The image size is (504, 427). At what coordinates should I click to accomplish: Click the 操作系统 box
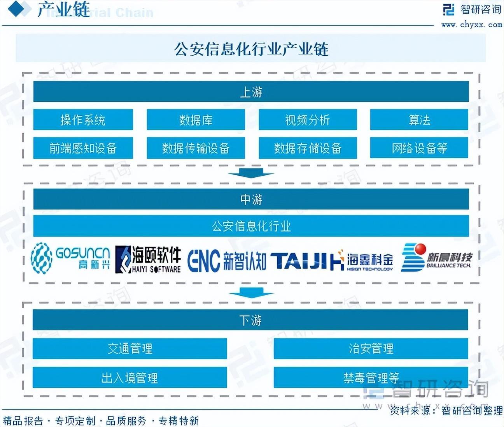pyautogui.click(x=83, y=120)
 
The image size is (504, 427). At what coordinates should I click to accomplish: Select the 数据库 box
pyautogui.click(x=196, y=120)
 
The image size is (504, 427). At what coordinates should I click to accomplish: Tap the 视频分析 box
pyautogui.click(x=308, y=120)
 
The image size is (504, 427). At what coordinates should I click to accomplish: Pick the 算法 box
pyautogui.click(x=419, y=120)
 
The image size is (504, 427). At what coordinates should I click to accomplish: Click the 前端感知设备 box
pyautogui.click(x=83, y=148)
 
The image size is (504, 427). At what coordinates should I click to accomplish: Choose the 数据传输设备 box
pyautogui.click(x=196, y=148)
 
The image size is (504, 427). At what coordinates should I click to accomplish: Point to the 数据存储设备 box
pyautogui.click(x=308, y=148)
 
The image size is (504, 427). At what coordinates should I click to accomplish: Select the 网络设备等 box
pyautogui.click(x=419, y=148)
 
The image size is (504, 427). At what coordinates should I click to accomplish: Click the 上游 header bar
pyautogui.click(x=251, y=92)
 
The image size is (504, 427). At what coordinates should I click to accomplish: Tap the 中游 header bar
pyautogui.click(x=251, y=199)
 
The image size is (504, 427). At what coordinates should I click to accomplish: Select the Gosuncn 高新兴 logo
pyautogui.click(x=70, y=258)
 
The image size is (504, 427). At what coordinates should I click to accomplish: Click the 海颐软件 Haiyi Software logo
pyautogui.click(x=148, y=259)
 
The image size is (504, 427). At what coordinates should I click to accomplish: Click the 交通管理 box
pyautogui.click(x=129, y=348)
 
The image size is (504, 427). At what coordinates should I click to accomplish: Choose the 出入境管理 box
pyautogui.click(x=129, y=378)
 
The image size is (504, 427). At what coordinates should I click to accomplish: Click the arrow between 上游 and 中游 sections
pyautogui.click(x=251, y=173)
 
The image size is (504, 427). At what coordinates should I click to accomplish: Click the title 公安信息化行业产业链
pyautogui.click(x=251, y=49)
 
